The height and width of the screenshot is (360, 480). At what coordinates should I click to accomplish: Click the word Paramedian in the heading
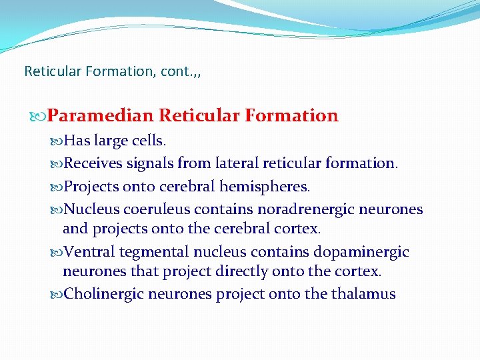101,116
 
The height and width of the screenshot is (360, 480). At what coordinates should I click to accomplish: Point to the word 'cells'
150,141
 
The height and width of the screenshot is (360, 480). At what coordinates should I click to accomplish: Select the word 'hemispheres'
269,186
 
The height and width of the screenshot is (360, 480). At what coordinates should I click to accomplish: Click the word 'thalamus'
363,294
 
